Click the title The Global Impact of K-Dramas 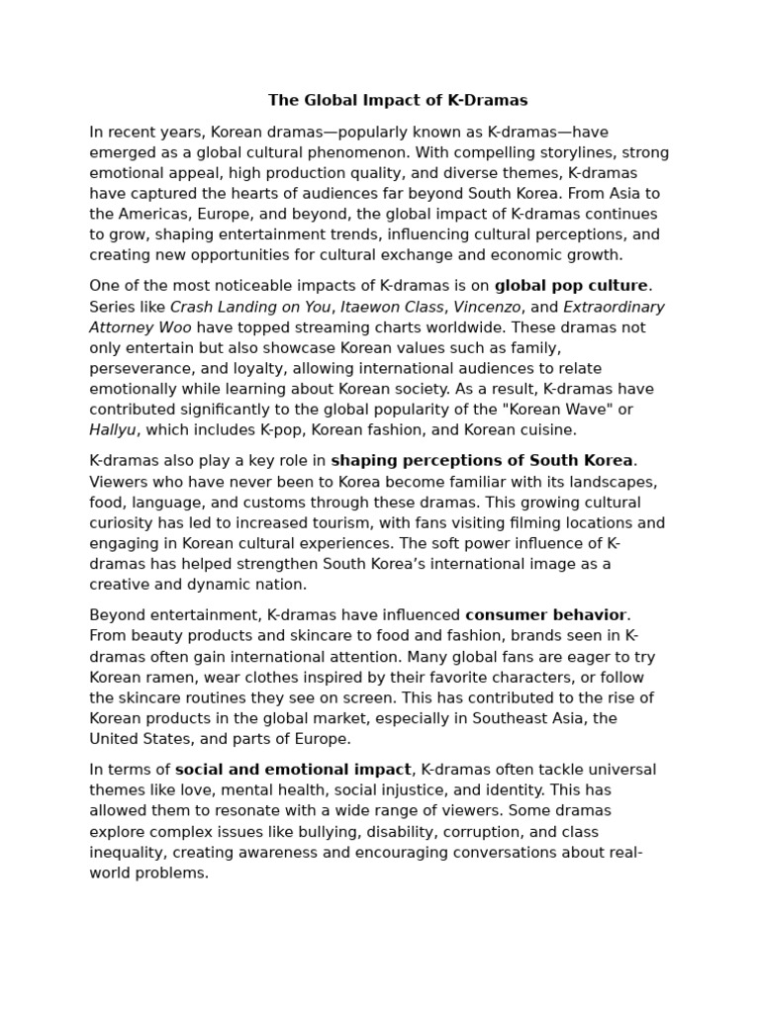[398, 100]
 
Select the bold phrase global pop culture [571, 286]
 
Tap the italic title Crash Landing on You [250, 307]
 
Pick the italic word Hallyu [113, 430]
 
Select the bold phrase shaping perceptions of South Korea [482, 461]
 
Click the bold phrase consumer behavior [545, 615]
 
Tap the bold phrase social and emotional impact [293, 770]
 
